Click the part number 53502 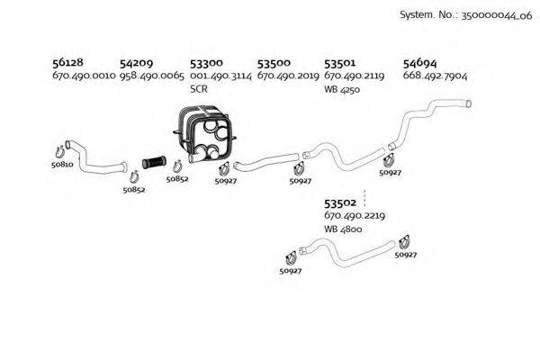(340, 204)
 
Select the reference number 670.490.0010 (84, 77)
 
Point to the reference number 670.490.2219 (355, 217)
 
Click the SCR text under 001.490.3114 (199, 90)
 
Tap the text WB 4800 (344, 229)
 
